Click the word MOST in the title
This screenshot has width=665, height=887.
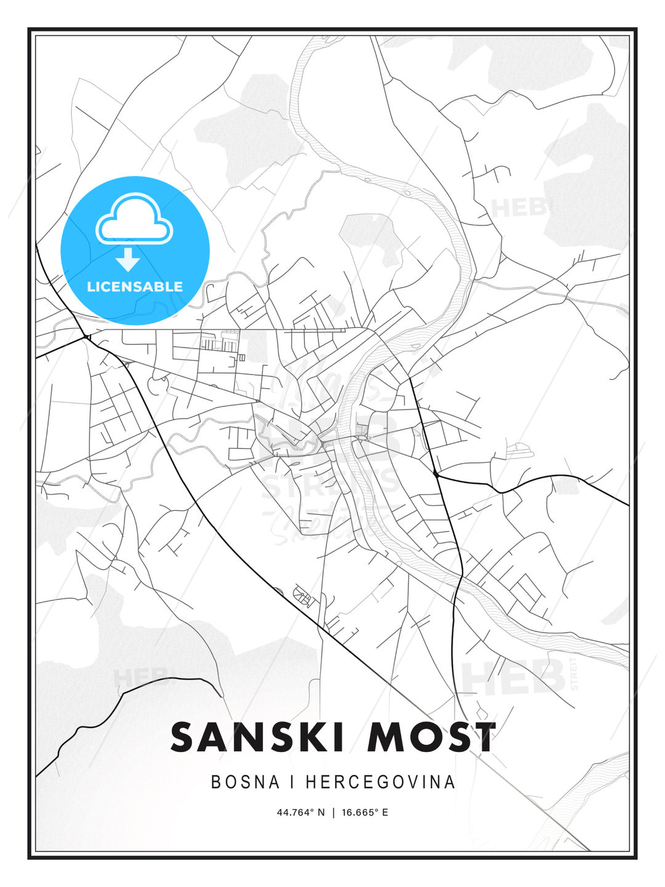[x=431, y=737]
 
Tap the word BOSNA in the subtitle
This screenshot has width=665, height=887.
[x=245, y=782]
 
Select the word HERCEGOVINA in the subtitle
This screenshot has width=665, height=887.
[x=381, y=782]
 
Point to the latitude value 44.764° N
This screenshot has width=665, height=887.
[x=300, y=812]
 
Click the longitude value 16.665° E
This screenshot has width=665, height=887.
[x=365, y=812]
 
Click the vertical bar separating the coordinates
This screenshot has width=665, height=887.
[x=333, y=812]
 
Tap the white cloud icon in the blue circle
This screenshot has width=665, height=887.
[x=134, y=219]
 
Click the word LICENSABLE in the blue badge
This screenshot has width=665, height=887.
[x=135, y=286]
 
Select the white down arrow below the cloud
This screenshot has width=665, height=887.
[x=128, y=260]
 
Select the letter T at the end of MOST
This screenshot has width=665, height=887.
[x=483, y=737]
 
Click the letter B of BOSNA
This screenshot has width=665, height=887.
[x=216, y=782]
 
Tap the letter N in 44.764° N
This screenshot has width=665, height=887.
[x=321, y=812]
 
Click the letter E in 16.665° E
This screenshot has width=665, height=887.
[x=385, y=812]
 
